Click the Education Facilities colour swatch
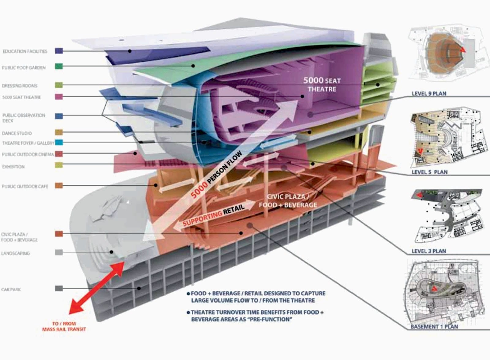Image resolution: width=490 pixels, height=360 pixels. coord(59,51)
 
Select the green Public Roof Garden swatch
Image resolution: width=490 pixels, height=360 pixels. coord(59,66)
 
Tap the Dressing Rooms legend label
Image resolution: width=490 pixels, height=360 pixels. coord(20,86)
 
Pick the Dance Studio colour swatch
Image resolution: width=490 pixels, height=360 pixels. coord(59,132)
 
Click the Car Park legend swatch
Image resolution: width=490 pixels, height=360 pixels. coord(59,288)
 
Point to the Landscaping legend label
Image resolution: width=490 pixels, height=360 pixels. coord(16,253)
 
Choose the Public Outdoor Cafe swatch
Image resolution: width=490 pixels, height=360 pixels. coord(59,186)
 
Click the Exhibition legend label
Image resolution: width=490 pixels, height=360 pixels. coord(13,167)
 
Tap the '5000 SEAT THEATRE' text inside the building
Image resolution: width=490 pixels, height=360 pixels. coord(322,85)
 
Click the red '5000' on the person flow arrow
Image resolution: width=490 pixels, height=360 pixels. coord(199,190)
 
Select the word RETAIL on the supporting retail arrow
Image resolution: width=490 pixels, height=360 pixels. coord(234,209)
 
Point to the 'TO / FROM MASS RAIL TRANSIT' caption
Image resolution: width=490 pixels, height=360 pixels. coord(64,326)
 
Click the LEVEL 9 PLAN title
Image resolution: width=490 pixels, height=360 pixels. coord(429,94)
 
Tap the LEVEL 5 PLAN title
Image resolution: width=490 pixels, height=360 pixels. coord(430,172)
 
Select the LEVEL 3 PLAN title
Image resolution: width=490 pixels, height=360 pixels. coord(429,251)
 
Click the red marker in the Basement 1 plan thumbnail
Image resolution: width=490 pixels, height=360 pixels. coord(435,289)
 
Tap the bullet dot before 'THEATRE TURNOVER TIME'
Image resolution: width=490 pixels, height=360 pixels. coord(188,313)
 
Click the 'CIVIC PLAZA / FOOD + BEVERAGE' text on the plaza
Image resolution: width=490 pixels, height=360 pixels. coord(288,201)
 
